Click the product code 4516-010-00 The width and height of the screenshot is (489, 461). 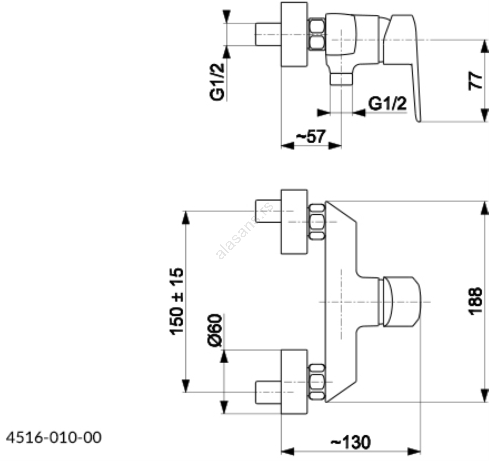coord(54,437)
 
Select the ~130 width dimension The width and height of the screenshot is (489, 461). coord(351,442)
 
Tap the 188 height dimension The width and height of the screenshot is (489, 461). coord(476,301)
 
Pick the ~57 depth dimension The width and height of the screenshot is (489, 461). coord(311,137)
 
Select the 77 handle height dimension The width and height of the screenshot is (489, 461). coord(476,81)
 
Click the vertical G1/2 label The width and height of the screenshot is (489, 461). coord(217,82)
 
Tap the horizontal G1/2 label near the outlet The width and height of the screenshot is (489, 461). coord(388,104)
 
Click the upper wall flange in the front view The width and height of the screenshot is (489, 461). coord(294,222)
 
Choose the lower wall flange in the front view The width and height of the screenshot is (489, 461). coord(294,382)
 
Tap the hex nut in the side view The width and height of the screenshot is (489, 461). coord(317,34)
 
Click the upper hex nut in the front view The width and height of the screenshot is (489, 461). coord(317,222)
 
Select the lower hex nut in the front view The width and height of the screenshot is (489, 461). coord(317,382)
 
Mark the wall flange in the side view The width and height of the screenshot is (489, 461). coord(294,34)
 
